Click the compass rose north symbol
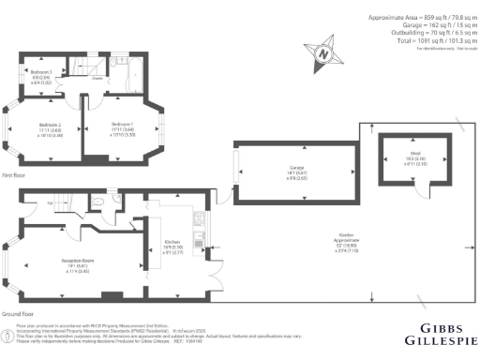322,54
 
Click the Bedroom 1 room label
123,125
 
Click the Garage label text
295,170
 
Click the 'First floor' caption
14,175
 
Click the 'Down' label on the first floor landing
97,79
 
